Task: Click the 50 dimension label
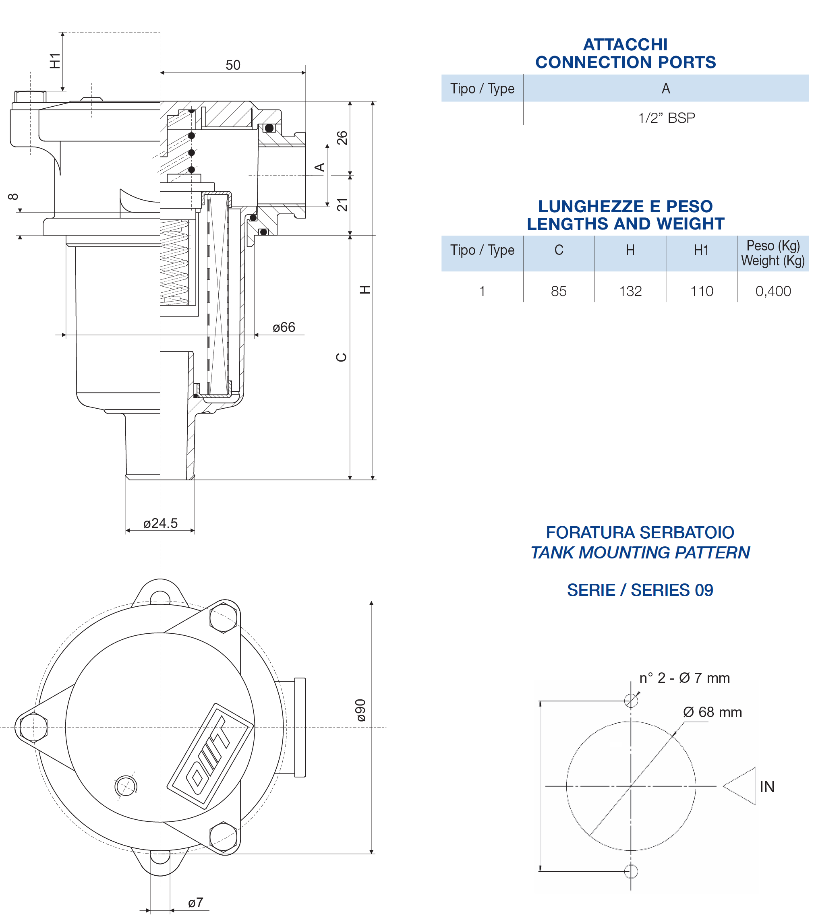(233, 65)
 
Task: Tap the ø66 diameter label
(284, 327)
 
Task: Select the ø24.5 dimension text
(160, 523)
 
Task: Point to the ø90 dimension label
(361, 711)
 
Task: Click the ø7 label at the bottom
(195, 902)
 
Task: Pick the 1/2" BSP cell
(666, 118)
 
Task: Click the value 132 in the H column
(630, 291)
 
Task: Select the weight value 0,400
(773, 291)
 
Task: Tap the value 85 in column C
(559, 291)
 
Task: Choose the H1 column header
(701, 250)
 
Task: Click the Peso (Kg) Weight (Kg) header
(773, 253)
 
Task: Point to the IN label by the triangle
(767, 786)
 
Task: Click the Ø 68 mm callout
(712, 712)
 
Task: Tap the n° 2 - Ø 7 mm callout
(684, 678)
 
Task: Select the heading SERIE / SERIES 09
(640, 590)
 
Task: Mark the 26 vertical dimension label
(342, 138)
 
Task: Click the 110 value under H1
(701, 291)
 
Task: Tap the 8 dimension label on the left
(13, 196)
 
